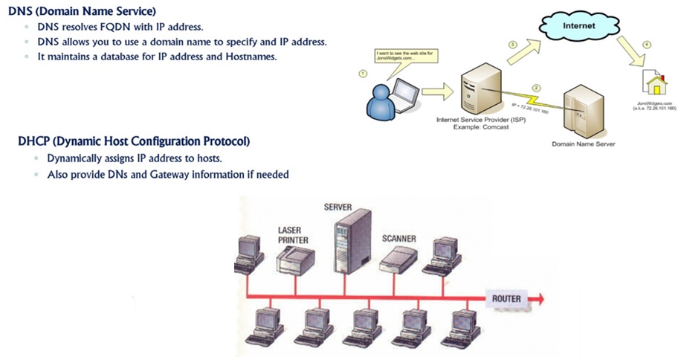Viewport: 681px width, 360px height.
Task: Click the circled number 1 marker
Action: (x=362, y=74)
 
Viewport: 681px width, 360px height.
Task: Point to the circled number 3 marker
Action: (x=511, y=45)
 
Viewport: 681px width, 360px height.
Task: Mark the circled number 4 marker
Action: (x=646, y=46)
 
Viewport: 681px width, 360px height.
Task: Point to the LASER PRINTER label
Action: (x=293, y=235)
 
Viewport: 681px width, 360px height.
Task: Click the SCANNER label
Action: (x=398, y=239)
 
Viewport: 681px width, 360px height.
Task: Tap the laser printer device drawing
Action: (x=295, y=261)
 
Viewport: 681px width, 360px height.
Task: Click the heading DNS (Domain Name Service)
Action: (x=71, y=10)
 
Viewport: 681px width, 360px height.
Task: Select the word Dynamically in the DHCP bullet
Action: (x=78, y=159)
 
